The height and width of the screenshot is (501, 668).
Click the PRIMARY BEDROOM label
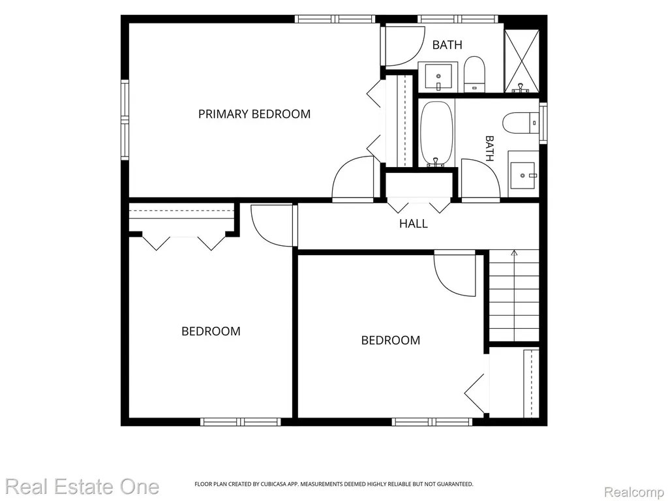click(254, 114)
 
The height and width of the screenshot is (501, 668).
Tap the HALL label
click(413, 224)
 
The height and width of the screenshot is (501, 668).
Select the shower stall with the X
click(521, 61)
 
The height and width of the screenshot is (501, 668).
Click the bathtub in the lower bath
click(436, 133)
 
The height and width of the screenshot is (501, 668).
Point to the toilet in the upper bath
click(474, 74)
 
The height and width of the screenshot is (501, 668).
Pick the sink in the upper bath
click(438, 77)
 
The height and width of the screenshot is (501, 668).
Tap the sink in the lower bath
click(523, 175)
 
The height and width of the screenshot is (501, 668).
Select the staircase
click(514, 296)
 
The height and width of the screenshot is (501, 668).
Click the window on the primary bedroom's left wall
click(125, 120)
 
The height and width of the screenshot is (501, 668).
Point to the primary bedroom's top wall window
click(335, 19)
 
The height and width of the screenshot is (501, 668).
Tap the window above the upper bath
click(458, 19)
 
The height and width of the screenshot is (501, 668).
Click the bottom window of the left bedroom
click(241, 422)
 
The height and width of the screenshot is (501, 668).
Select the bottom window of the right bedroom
click(433, 422)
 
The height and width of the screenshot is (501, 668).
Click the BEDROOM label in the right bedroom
click(391, 341)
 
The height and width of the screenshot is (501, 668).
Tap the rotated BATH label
click(489, 149)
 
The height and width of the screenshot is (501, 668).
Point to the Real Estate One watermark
click(82, 487)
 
